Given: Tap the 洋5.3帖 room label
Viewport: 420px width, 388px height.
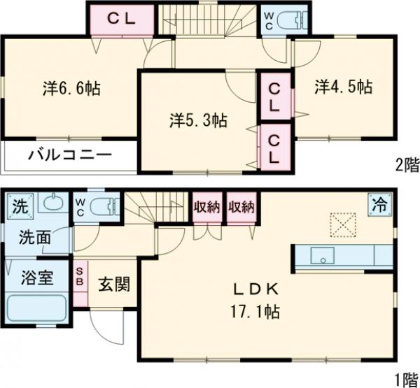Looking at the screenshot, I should click(x=198, y=120).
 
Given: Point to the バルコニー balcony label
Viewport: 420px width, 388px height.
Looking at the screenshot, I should click(x=69, y=156).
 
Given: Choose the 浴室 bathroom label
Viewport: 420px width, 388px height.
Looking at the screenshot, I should click(x=35, y=278).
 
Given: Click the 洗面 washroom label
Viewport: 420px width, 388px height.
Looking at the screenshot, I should click(x=34, y=238).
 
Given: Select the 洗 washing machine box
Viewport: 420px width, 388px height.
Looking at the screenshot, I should click(x=20, y=207).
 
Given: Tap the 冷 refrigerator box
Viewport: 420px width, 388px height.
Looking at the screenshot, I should click(x=380, y=206).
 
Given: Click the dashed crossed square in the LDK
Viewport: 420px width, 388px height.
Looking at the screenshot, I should click(x=344, y=226).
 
